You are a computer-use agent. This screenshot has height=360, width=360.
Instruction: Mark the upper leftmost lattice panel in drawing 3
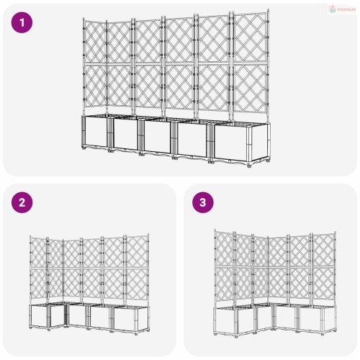coord(224,248)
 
